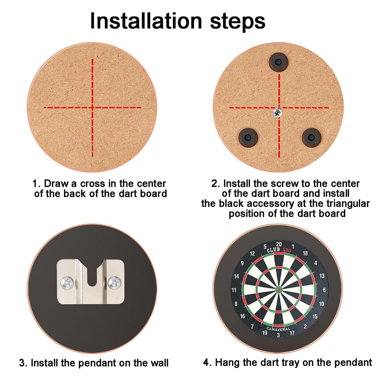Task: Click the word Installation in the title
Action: (146, 21)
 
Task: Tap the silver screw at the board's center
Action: (277, 112)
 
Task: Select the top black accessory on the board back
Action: (278, 62)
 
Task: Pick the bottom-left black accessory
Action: (248, 137)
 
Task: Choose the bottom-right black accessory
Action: (311, 137)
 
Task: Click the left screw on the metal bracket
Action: (67, 283)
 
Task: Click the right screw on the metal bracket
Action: (115, 283)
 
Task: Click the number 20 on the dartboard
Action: (279, 244)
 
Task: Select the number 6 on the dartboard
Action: (324, 290)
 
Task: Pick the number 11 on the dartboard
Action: (234, 290)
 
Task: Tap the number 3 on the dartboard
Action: (278, 335)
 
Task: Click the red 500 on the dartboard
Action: (287, 250)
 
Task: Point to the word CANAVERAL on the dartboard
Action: (278, 329)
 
